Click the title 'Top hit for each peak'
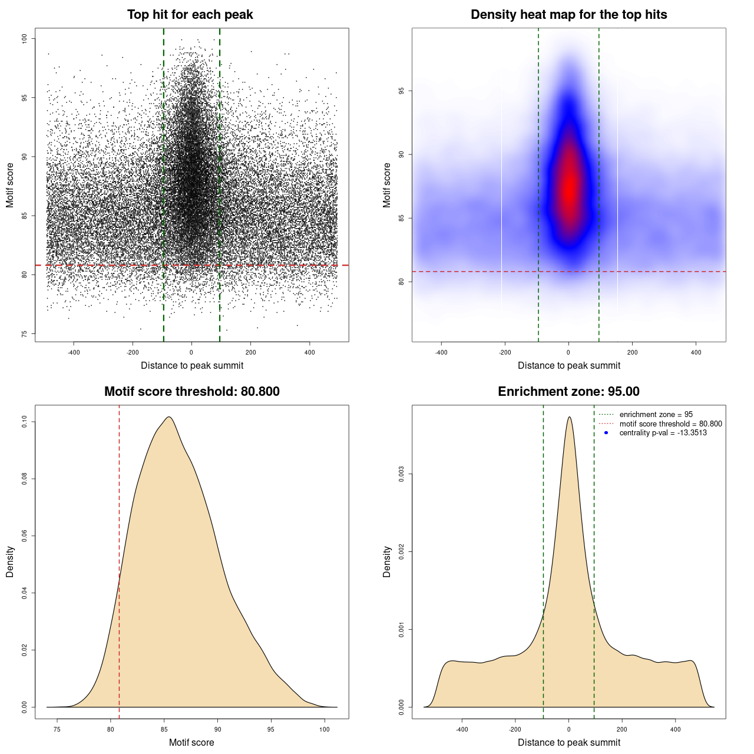coord(190,15)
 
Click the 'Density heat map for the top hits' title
coord(568,15)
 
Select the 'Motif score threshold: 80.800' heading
coord(191,392)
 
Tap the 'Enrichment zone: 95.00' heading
coord(568,392)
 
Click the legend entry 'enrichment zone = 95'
coord(656,415)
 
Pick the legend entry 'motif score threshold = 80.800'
coord(670,424)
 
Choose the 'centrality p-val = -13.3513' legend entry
coord(663,433)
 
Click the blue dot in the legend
coord(606,433)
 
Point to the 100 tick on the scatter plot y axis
coord(25,38)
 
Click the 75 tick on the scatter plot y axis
coord(25,333)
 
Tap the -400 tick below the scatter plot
coord(74,352)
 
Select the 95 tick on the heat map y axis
coord(402,91)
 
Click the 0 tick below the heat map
coord(568,352)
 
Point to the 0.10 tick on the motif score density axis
coord(25,421)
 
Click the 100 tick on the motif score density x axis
coord(325,729)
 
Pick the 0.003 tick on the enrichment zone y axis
coord(402,474)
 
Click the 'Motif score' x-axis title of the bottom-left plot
coord(191,742)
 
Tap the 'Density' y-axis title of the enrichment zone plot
coord(387,561)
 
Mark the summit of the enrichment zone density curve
coord(569,417)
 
